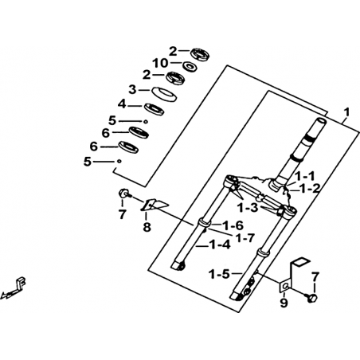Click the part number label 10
coord(160,63)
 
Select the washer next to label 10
coord(190,66)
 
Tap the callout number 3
coord(132,90)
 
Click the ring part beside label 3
coord(164,94)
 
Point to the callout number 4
coord(122,104)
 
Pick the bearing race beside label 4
coord(154,109)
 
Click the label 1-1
coord(304,176)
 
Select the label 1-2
coord(309,188)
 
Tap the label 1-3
coord(248,208)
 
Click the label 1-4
coord(220,245)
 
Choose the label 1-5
coord(219,274)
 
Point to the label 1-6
coord(233,225)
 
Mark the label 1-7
coord(245,237)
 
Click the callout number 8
coord(147,227)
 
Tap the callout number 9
coord(284,303)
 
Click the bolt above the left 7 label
coord(124,194)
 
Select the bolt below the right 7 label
coord(311,298)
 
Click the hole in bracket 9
coord(285,287)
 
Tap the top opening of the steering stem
coord(321,120)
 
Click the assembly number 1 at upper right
coord(346,112)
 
